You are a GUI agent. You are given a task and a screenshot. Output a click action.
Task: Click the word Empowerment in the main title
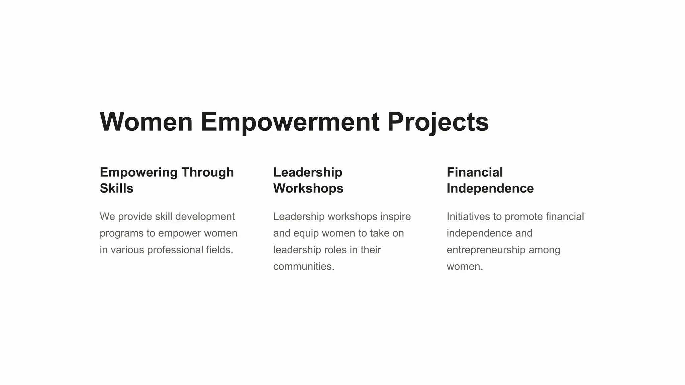coord(290,122)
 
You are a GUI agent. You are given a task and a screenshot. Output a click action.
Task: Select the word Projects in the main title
coord(438,122)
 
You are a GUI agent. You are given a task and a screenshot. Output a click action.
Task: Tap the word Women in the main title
coord(146,122)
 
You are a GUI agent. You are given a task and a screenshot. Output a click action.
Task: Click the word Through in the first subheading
coord(207,172)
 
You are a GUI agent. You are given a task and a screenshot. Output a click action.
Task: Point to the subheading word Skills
coord(116,188)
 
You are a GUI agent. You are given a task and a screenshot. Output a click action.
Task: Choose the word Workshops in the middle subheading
coord(308,188)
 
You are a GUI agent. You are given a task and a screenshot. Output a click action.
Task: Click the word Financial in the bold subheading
coord(475,172)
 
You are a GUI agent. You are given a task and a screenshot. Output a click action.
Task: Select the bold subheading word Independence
coord(490,188)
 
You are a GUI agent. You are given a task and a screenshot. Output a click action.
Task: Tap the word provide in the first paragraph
coord(135,217)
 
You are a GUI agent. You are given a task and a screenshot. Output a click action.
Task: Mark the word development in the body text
coord(205,217)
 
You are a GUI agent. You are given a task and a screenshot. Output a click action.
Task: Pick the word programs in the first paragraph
coord(122,233)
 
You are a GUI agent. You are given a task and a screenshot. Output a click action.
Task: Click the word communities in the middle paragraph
coord(303,267)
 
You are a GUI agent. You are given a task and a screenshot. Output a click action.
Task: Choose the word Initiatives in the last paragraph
coord(468,217)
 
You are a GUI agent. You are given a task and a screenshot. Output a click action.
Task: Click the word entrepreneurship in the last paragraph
coord(486,250)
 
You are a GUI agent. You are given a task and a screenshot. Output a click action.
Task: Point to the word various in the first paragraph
coord(127,250)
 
